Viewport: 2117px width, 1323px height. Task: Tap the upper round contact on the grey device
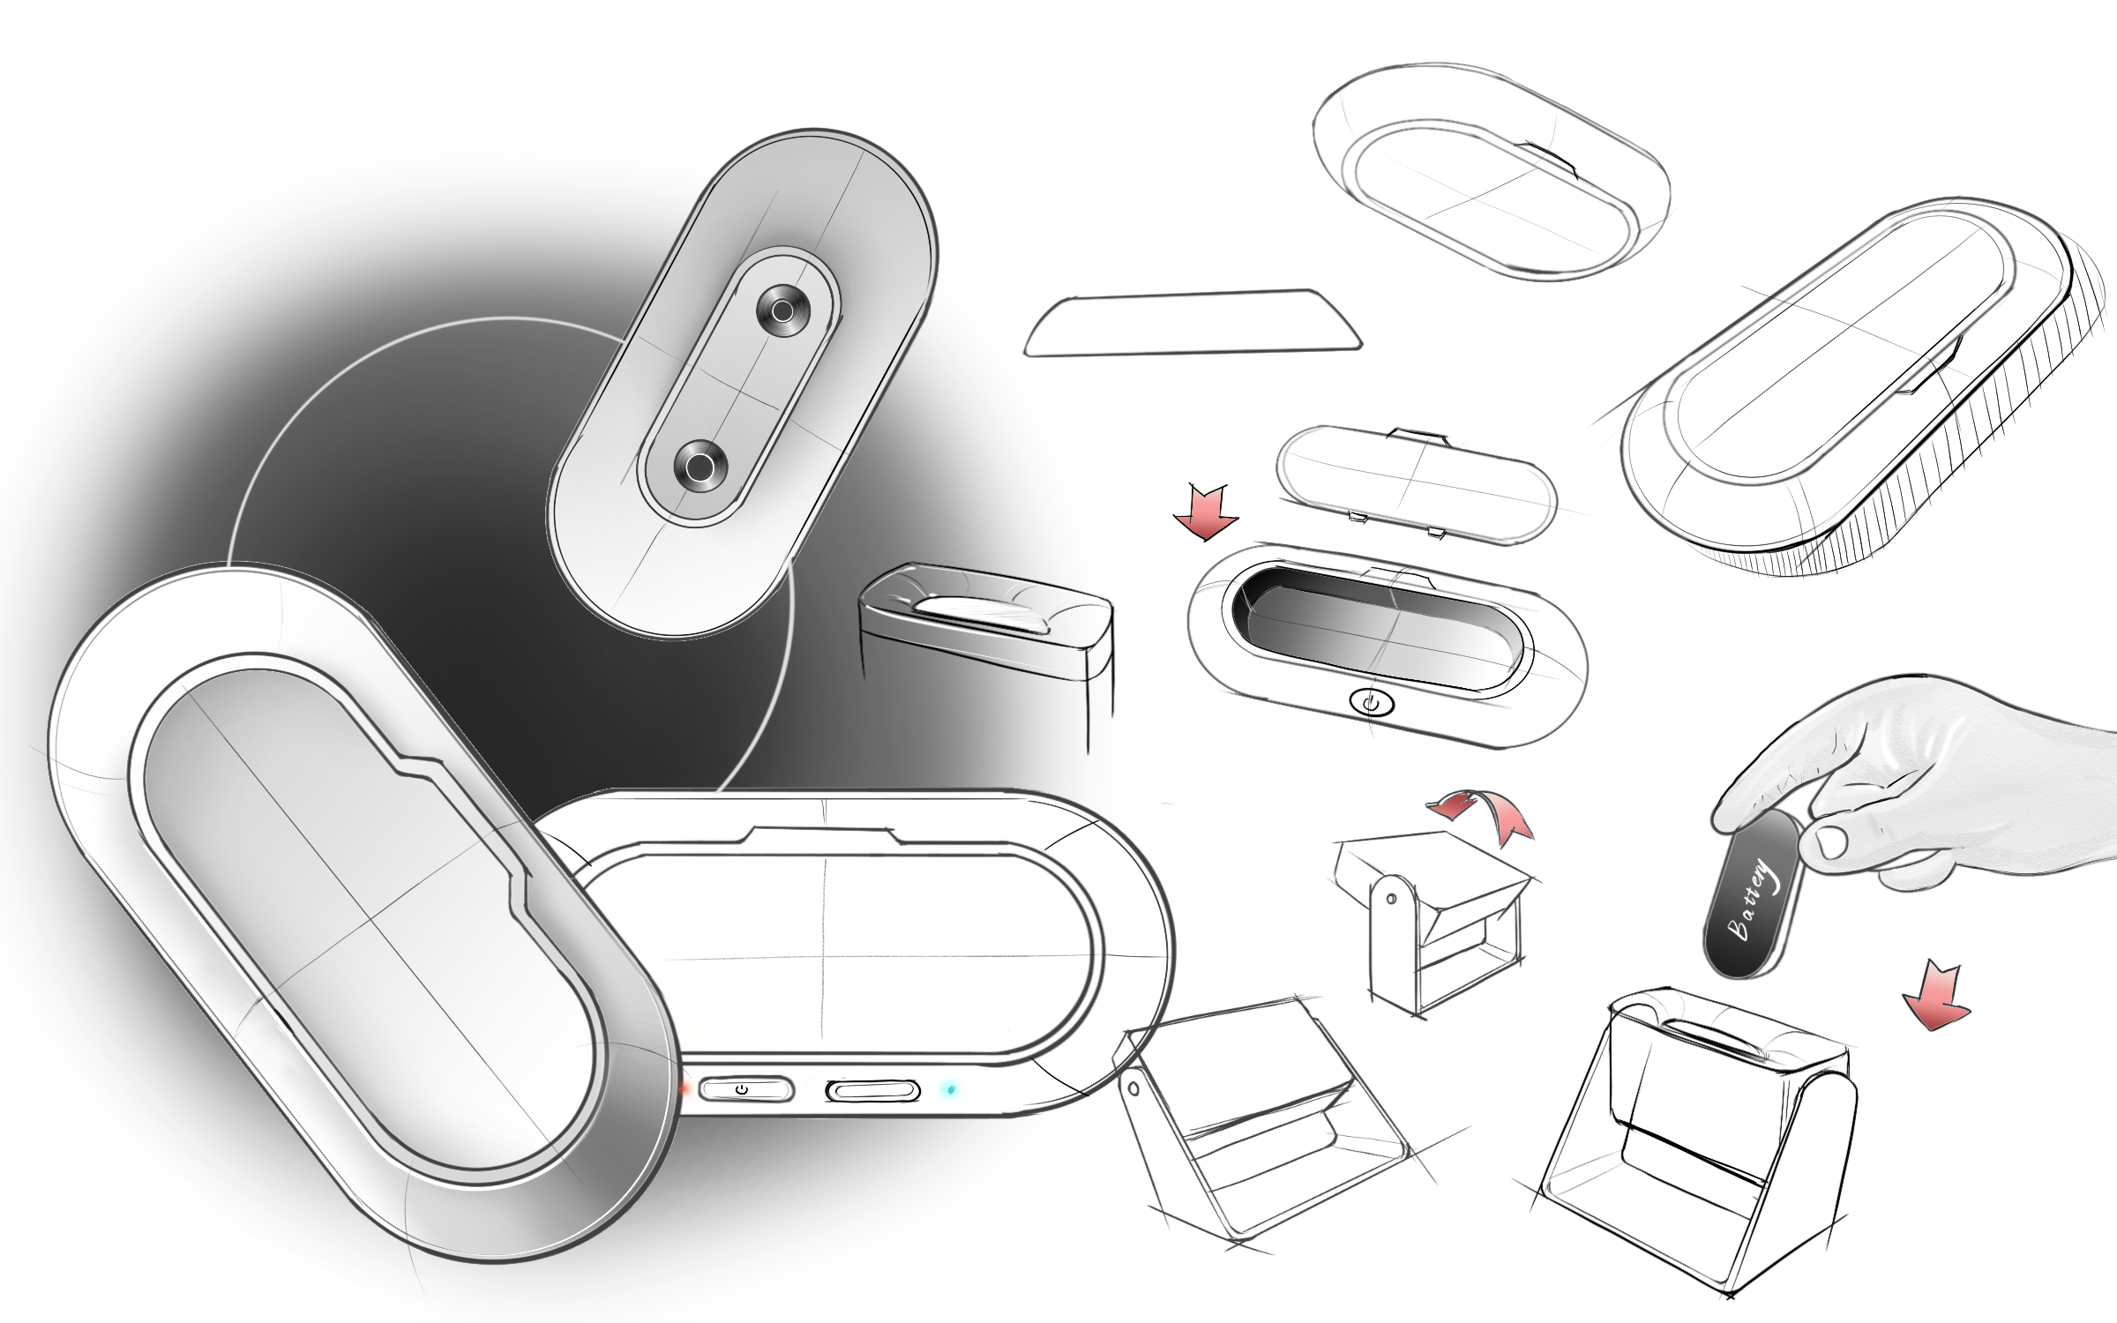point(782,310)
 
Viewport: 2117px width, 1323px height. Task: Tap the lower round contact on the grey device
point(700,466)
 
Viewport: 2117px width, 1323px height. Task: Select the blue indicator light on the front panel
point(950,1090)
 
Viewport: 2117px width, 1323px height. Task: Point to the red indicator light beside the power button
point(684,1088)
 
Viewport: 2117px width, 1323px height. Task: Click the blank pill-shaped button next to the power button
point(872,1091)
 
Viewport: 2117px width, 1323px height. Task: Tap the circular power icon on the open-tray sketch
point(1372,702)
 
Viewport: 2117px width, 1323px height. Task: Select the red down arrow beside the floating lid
point(1206,513)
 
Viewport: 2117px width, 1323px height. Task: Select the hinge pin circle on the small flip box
point(1391,899)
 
